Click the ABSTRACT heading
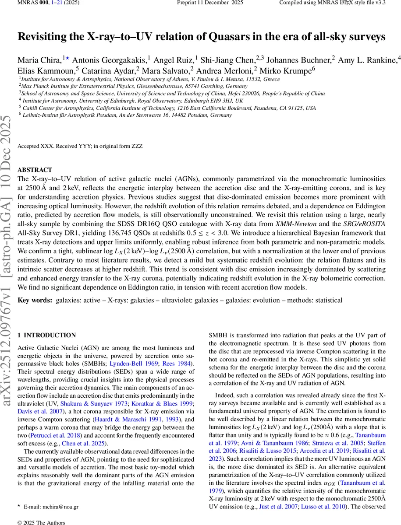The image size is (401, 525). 35,170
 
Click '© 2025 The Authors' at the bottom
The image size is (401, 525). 41,522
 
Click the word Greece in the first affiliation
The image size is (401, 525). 270,79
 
